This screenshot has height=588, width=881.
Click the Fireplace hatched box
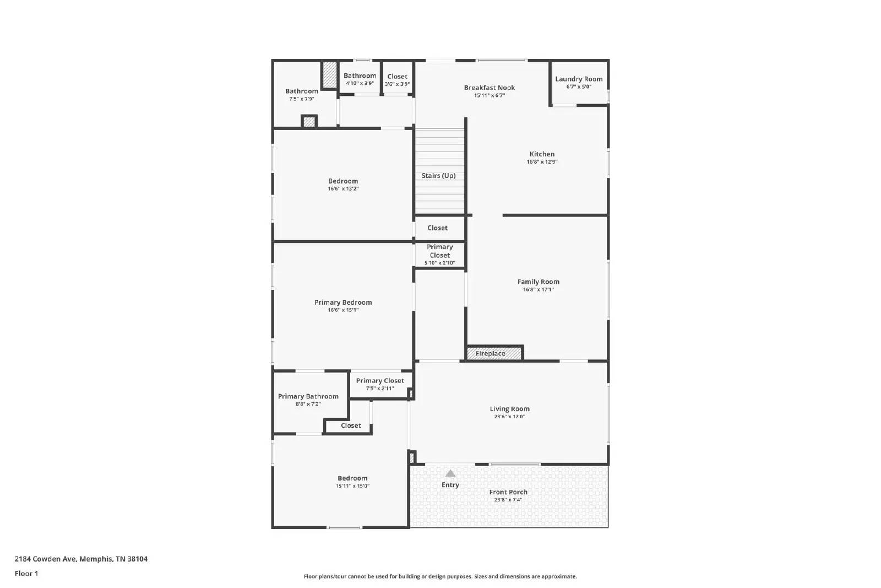tap(494, 353)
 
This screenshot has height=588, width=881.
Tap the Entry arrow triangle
tap(450, 473)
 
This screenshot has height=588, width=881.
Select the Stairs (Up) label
tap(439, 176)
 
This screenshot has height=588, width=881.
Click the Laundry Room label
tap(579, 79)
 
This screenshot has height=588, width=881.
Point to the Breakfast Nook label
tap(490, 88)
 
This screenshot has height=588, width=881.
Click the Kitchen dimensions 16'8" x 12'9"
tap(542, 162)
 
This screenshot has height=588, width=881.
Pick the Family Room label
tap(539, 282)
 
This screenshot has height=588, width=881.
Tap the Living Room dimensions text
tap(509, 417)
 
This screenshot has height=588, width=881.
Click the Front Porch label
tap(508, 492)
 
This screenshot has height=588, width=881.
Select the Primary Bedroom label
tap(343, 302)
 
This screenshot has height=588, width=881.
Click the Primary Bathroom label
tap(308, 396)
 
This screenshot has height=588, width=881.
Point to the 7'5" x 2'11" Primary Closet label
tap(380, 381)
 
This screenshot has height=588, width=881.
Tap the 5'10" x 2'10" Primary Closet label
tap(440, 251)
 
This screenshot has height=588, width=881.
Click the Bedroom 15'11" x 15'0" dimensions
tap(352, 486)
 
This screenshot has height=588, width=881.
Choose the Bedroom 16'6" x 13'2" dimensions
tap(343, 189)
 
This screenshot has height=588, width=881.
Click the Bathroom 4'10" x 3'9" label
tap(360, 76)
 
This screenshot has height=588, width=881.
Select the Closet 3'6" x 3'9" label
tap(397, 77)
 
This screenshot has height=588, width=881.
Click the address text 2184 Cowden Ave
tap(81, 559)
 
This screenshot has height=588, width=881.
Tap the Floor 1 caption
tap(26, 574)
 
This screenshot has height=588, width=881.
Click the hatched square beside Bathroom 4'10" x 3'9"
tap(329, 74)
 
